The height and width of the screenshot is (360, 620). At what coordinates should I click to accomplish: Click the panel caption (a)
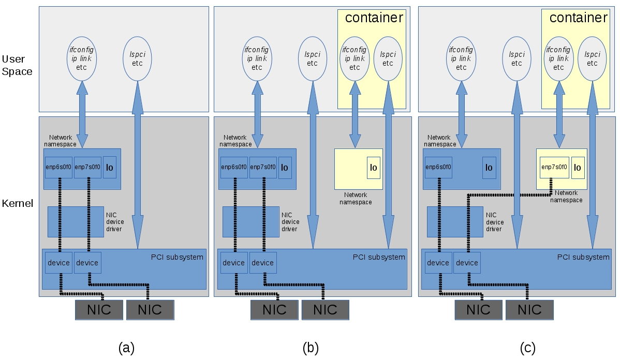tap(126, 348)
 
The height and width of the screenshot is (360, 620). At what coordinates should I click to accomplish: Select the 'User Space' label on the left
tap(17, 65)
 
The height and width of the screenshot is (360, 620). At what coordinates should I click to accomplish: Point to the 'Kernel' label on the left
tap(17, 203)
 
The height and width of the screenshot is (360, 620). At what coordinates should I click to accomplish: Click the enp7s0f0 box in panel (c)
tap(554, 167)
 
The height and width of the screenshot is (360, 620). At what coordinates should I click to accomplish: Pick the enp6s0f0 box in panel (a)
tap(58, 167)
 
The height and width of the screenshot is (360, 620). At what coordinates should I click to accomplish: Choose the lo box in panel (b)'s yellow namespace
tap(374, 168)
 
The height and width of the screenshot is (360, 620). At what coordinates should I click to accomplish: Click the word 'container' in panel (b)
tap(374, 18)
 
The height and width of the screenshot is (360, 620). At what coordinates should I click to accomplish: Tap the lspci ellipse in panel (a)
tap(137, 57)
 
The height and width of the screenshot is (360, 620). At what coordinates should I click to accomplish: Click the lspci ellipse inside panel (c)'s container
tap(593, 57)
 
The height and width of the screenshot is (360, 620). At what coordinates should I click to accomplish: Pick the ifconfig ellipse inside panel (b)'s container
tap(355, 58)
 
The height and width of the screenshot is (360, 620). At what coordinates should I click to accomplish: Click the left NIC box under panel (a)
tap(99, 310)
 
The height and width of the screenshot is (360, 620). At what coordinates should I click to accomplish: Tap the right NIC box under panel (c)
tap(529, 310)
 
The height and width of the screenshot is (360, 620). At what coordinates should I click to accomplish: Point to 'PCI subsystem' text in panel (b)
tap(379, 257)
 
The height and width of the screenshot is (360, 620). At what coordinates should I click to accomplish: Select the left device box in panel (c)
tap(438, 263)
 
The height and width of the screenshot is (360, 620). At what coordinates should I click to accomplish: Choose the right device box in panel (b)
tap(263, 263)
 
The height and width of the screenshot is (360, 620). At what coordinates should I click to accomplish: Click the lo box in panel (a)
tap(110, 167)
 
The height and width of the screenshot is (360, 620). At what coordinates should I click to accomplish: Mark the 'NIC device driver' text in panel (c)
tap(494, 221)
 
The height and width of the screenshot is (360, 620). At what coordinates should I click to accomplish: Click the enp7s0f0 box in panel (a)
tap(87, 167)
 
